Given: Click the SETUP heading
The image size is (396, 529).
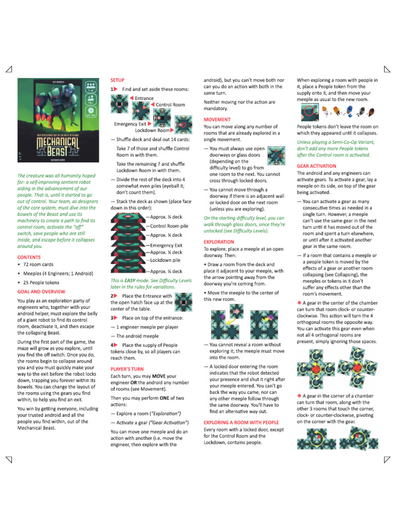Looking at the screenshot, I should (118, 81).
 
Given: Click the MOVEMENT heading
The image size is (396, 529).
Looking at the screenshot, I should (217, 119).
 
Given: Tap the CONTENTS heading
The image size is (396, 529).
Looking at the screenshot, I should (29, 257).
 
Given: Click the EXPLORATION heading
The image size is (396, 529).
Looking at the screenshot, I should (219, 242).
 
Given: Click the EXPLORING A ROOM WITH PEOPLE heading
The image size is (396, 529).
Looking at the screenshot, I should (241, 422).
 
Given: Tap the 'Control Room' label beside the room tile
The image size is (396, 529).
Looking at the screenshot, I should (170, 105).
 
